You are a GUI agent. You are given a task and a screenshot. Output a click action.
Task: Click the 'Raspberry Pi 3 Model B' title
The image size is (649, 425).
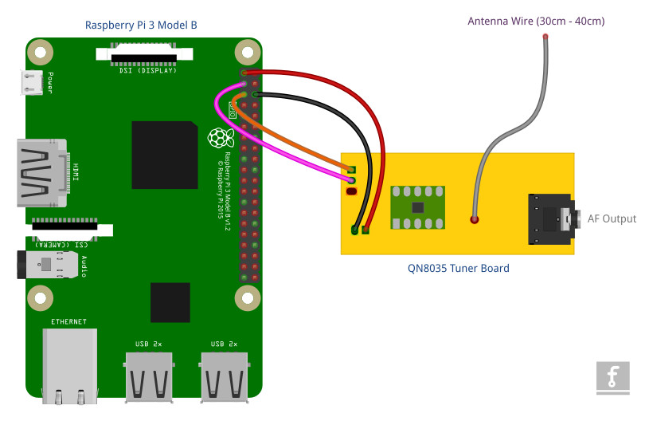point(141,26)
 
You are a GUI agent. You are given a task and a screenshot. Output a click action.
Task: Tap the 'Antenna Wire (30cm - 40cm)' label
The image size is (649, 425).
point(536,20)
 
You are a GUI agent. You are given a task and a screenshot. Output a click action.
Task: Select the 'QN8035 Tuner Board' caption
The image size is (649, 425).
point(457,268)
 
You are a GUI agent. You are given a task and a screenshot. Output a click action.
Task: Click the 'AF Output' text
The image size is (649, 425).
point(612,218)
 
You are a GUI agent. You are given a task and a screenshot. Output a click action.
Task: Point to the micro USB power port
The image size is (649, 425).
point(33,81)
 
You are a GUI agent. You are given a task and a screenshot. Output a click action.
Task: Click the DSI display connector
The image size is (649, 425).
point(144,54)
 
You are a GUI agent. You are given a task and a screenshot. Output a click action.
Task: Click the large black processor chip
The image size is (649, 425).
point(164,155)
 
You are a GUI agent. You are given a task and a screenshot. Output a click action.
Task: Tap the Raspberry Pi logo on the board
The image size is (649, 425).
point(217,139)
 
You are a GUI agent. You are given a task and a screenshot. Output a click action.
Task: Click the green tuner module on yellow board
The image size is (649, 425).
point(418,206)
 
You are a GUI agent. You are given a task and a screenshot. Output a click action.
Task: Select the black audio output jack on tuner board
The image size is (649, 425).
point(551,218)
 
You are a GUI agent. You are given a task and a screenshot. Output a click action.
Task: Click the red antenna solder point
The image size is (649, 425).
point(475,218)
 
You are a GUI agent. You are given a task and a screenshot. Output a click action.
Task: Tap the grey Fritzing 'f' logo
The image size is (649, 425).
point(612,377)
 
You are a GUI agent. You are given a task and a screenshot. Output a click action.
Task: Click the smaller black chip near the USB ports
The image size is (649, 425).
point(170,302)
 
